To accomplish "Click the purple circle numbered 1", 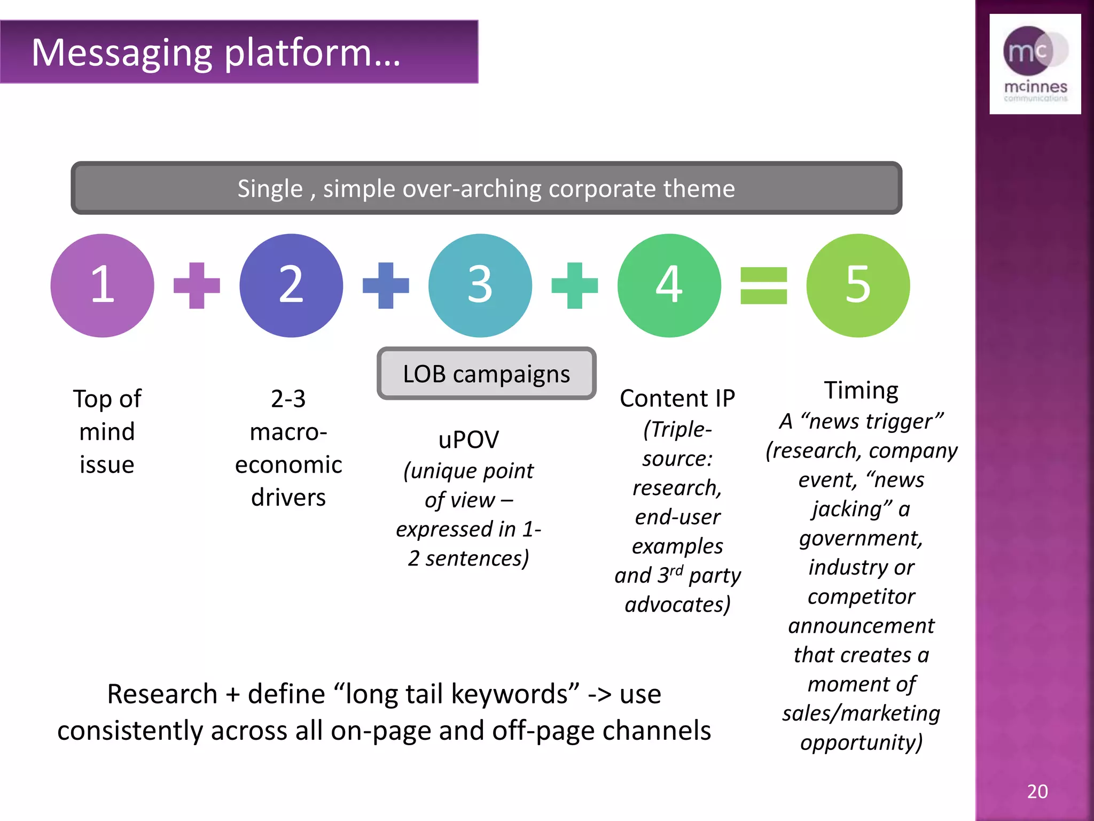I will (102, 285).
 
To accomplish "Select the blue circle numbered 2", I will (291, 285).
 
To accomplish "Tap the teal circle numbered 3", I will (480, 285).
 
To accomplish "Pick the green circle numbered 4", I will (669, 285).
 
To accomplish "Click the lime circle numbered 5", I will (858, 285).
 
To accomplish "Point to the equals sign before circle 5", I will (763, 285).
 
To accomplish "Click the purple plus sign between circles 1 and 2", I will (197, 285).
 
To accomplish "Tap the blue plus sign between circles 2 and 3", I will (386, 285).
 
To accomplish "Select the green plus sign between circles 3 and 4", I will (574, 285).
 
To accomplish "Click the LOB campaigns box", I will (486, 374).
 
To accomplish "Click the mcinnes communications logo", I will (1035, 64).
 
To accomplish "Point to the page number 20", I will (1037, 791).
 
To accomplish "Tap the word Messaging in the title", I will (122, 53).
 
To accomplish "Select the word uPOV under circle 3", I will (468, 440).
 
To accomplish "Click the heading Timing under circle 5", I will (861, 390).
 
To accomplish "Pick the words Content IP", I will (677, 399).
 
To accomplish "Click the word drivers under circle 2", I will (288, 498).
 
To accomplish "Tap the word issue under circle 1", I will (107, 464).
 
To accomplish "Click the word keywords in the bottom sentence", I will (515, 694).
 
